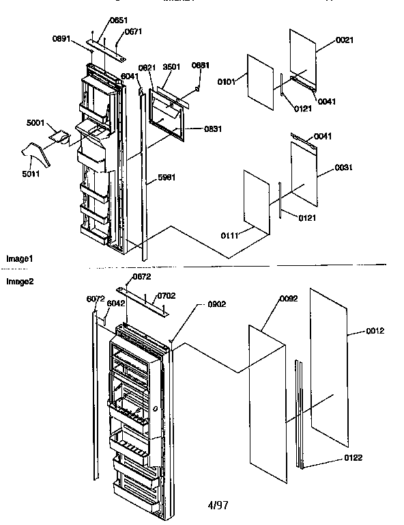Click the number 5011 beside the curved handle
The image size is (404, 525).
point(31,164)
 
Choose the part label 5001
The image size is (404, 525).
point(35,123)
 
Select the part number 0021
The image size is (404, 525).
point(345,41)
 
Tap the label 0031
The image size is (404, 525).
point(344,167)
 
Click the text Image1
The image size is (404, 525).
point(19,259)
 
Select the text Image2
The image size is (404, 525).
point(19,280)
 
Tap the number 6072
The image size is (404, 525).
point(96,299)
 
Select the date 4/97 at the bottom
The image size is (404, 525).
point(218,505)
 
